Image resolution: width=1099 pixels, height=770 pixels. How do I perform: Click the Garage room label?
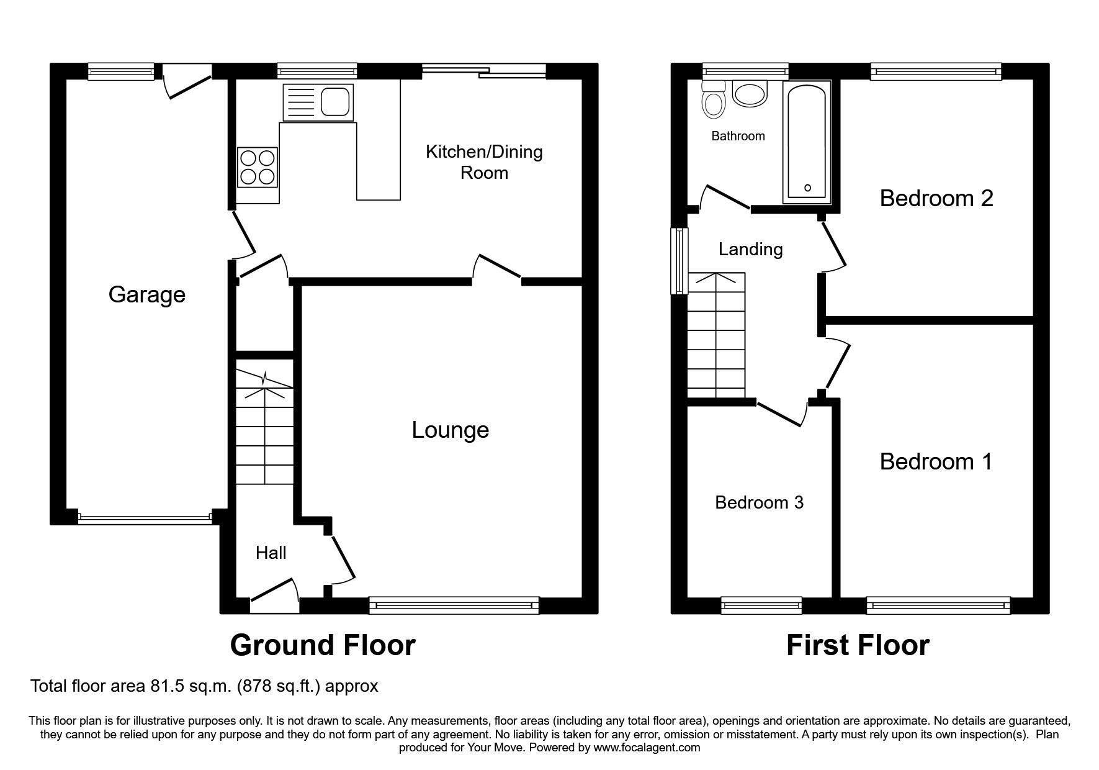pyautogui.click(x=147, y=294)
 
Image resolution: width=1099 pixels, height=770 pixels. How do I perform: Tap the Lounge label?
pyautogui.click(x=451, y=430)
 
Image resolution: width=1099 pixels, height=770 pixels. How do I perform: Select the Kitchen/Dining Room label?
pyautogui.click(x=484, y=162)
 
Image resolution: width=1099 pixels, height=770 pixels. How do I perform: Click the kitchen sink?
pyautogui.click(x=318, y=102)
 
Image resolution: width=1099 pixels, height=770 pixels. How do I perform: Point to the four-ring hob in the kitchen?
pyautogui.click(x=258, y=167)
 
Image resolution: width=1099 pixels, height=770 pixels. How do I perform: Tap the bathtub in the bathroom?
pyautogui.click(x=807, y=143)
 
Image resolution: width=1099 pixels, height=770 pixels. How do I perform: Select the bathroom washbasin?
pyautogui.click(x=750, y=93)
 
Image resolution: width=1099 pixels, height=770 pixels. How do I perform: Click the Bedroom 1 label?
pyautogui.click(x=936, y=462)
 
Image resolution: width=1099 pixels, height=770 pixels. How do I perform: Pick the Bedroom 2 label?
pyautogui.click(x=936, y=199)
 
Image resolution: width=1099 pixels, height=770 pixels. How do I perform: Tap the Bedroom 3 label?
pyautogui.click(x=759, y=502)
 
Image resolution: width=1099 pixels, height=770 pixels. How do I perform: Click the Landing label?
pyautogui.click(x=750, y=250)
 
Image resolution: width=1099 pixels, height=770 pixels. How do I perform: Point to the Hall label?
pyautogui.click(x=271, y=553)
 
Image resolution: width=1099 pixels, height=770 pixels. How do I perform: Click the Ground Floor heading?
pyautogui.click(x=323, y=645)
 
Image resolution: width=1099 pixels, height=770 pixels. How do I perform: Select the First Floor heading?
pyautogui.click(x=858, y=645)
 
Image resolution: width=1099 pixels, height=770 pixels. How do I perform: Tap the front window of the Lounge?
pyautogui.click(x=454, y=605)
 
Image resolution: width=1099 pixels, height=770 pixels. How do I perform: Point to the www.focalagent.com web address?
pyautogui.click(x=647, y=748)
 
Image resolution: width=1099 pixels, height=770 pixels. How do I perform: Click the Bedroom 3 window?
pyautogui.click(x=761, y=605)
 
